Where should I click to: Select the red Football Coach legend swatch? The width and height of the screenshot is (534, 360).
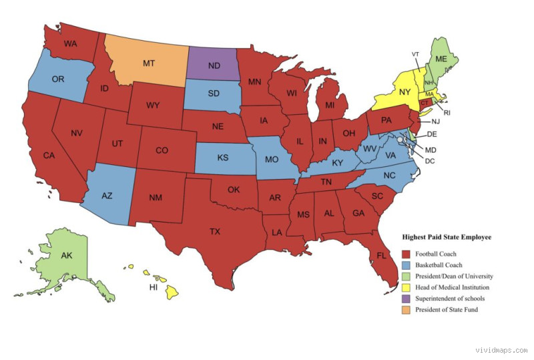pyautogui.click(x=406, y=254)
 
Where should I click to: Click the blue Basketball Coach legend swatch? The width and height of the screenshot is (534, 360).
pyautogui.click(x=406, y=265)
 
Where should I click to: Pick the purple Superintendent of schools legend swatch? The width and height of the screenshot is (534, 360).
pyautogui.click(x=406, y=299)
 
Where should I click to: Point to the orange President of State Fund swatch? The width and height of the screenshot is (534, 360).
pyautogui.click(x=406, y=309)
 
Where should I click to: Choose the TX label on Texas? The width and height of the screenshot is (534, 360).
pyautogui.click(x=214, y=232)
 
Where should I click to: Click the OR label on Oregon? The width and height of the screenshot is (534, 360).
pyautogui.click(x=58, y=79)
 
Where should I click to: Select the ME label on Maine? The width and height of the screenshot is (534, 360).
pyautogui.click(x=441, y=59)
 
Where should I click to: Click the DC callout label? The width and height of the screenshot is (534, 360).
pyautogui.click(x=431, y=161)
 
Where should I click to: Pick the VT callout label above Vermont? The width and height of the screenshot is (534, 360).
pyautogui.click(x=415, y=54)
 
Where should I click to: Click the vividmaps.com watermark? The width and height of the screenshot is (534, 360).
pyautogui.click(x=501, y=350)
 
